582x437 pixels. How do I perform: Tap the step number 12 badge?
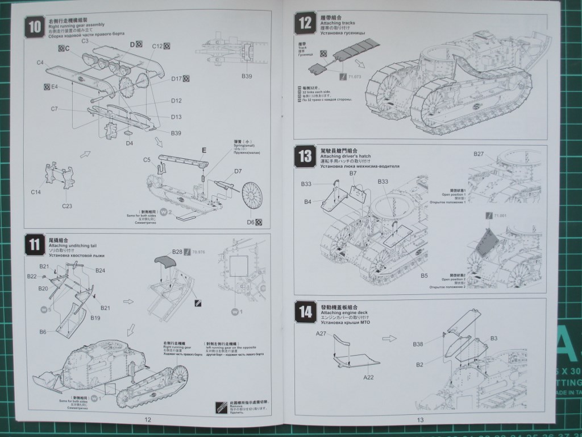point(305,24)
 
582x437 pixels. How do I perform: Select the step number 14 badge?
point(305,311)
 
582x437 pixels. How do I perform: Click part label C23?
point(67,205)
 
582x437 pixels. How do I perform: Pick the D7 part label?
point(238,171)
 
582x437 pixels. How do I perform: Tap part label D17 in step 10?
point(176,79)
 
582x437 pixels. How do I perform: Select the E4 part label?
point(54,86)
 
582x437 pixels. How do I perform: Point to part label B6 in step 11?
point(43,332)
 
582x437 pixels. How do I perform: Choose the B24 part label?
point(100,270)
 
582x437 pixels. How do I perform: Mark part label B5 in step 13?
point(424,275)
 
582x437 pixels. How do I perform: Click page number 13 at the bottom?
point(420,420)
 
